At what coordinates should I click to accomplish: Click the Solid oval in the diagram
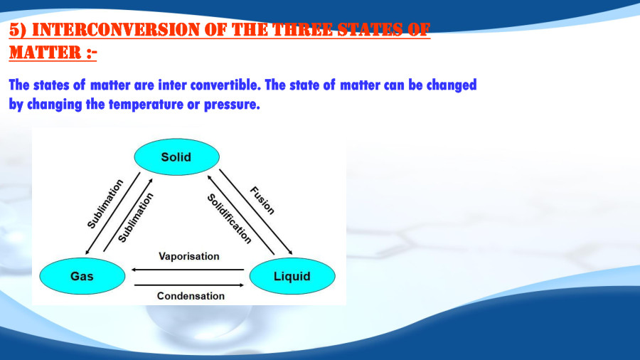tap(176, 157)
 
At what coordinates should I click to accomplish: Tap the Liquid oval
tap(292, 276)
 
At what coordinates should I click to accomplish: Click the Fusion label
tap(262, 200)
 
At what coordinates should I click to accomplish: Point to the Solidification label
tap(229, 218)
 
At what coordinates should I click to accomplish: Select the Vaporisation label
tap(188, 255)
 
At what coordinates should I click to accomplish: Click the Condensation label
tap(191, 295)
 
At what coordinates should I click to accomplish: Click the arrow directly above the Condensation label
tap(188, 285)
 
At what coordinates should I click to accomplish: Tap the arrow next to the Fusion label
tap(255, 211)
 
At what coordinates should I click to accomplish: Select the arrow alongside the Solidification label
tap(240, 213)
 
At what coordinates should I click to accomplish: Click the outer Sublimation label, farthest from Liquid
tap(105, 203)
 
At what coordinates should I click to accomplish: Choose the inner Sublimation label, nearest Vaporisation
tap(135, 218)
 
